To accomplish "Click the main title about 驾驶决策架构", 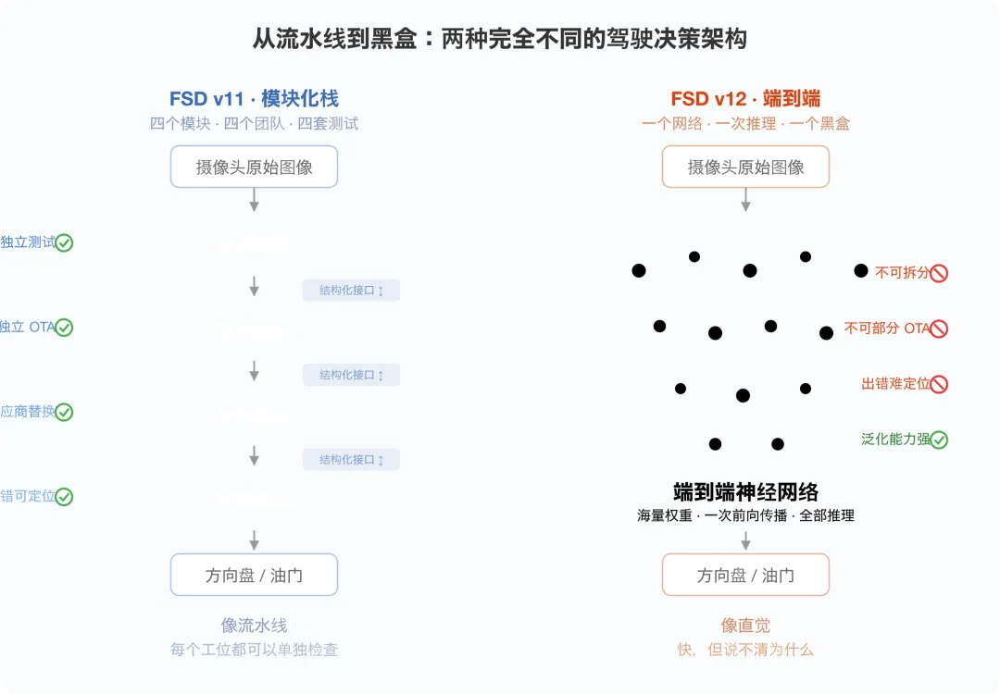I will pyautogui.click(x=500, y=40).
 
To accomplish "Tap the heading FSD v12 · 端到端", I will pyautogui.click(x=745, y=99).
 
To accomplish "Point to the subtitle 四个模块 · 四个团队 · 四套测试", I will pyautogui.click(x=254, y=123).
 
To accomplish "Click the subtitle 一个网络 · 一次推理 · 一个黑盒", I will pyautogui.click(x=745, y=123).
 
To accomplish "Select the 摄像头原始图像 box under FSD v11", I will pyautogui.click(x=254, y=167).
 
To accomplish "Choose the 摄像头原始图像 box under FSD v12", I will pyautogui.click(x=745, y=167).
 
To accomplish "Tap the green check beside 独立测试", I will pyautogui.click(x=64, y=243).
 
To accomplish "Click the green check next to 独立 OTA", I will pyautogui.click(x=64, y=328).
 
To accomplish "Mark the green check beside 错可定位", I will pyautogui.click(x=64, y=497).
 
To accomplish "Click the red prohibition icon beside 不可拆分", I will pyautogui.click(x=939, y=273).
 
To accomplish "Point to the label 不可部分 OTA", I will pyautogui.click(x=886, y=328).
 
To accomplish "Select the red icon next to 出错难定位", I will pyautogui.click(x=939, y=384).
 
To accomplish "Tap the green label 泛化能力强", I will pyautogui.click(x=894, y=440).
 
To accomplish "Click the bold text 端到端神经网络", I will pyautogui.click(x=745, y=492).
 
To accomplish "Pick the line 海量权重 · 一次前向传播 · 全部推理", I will pyautogui.click(x=745, y=515).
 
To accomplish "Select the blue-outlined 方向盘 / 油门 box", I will pyautogui.click(x=254, y=575).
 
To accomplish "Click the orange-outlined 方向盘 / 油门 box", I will pyautogui.click(x=745, y=575).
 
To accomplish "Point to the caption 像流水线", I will pyautogui.click(x=254, y=626).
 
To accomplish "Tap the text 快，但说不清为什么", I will pyautogui.click(x=745, y=650).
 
